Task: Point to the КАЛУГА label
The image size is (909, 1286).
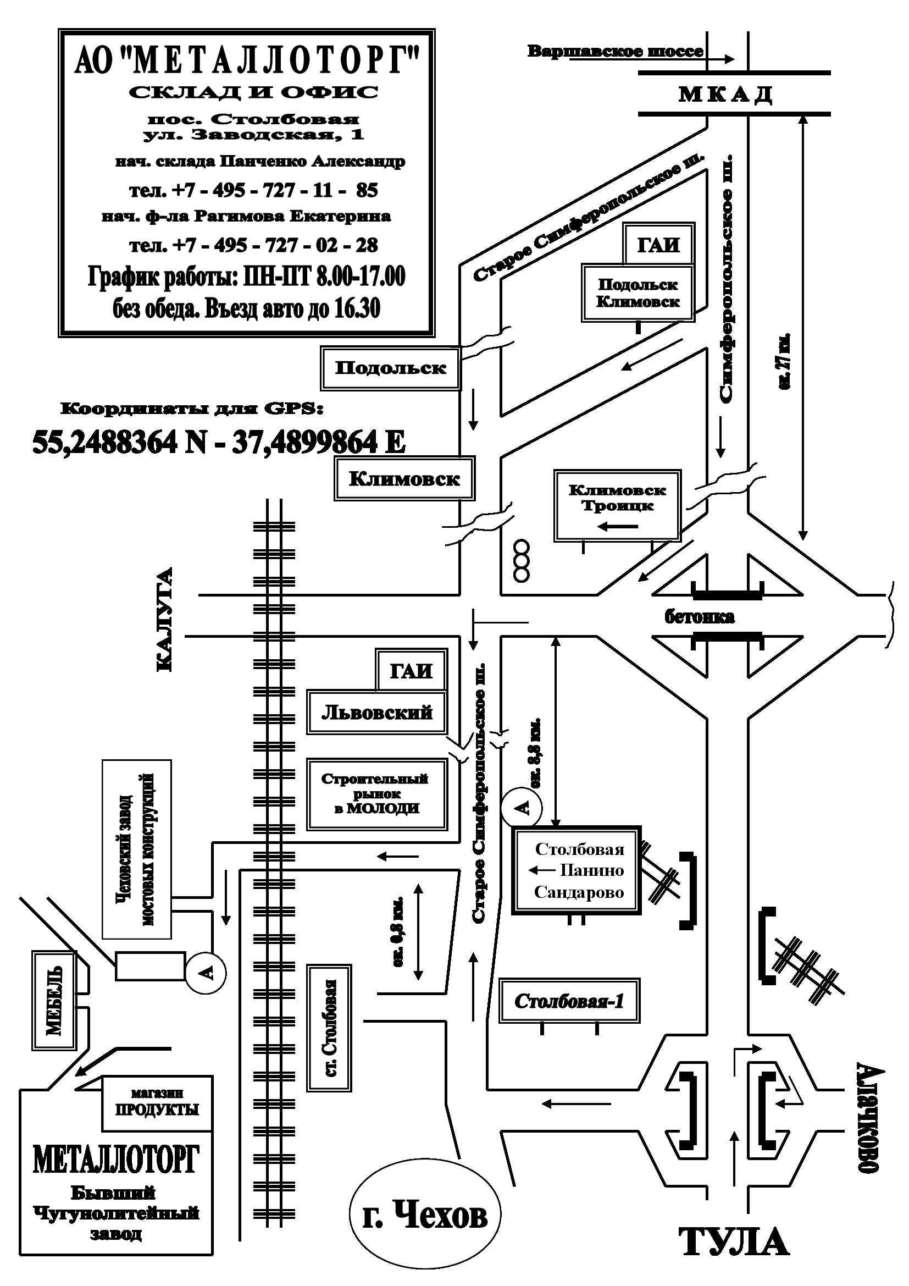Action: click(x=164, y=620)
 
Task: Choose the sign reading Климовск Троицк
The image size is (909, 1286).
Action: click(x=617, y=505)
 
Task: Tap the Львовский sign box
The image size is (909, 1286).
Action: click(x=376, y=713)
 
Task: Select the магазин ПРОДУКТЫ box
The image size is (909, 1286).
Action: click(x=157, y=1102)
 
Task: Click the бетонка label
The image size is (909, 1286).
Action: click(x=700, y=617)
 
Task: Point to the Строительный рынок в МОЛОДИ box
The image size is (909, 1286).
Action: click(x=377, y=794)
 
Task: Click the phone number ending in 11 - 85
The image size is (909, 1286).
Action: click(x=253, y=190)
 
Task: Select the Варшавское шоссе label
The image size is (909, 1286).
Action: click(x=615, y=52)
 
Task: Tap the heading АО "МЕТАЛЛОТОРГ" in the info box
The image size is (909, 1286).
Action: click(x=247, y=60)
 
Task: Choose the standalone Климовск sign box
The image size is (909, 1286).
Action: click(x=404, y=478)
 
